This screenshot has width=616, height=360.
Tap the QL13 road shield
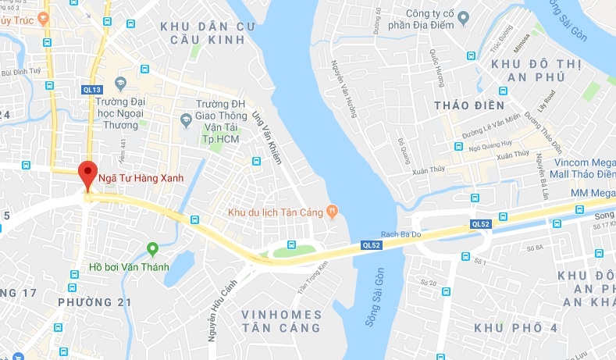pos(92,90)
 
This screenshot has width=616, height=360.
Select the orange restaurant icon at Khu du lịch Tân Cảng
pos(332,209)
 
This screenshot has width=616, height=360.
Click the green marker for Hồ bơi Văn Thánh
pos(153,249)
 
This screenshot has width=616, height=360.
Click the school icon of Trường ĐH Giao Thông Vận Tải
pos(185,119)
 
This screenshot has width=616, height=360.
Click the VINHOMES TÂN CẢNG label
pos(281,321)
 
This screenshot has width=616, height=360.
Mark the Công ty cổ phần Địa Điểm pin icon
pos(463,16)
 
